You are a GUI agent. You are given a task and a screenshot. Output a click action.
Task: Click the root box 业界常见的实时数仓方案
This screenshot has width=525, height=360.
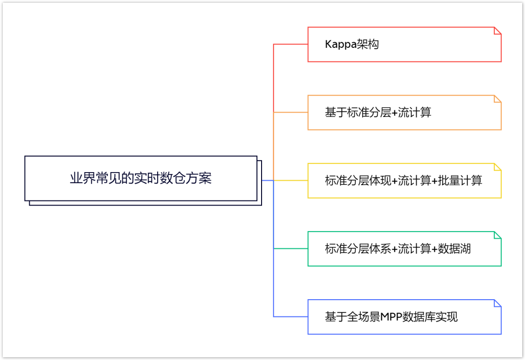[x=141, y=178]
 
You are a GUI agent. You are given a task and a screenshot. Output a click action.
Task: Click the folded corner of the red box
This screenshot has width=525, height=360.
[x=498, y=30]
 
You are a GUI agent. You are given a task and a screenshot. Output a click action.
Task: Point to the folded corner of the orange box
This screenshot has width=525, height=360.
[x=498, y=98]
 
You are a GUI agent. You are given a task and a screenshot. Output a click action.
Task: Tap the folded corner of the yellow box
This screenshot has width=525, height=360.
[x=498, y=167]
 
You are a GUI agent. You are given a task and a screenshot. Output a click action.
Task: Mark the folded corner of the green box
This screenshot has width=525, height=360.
[x=498, y=235]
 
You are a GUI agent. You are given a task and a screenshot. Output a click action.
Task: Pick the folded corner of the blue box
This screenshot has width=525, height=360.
[x=498, y=303]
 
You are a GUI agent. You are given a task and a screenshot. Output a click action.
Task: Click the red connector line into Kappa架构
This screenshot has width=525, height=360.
[x=290, y=44]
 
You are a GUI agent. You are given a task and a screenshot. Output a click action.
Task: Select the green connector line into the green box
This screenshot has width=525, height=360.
[x=290, y=249]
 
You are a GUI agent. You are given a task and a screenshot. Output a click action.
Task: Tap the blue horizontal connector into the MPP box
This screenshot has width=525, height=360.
[x=290, y=317]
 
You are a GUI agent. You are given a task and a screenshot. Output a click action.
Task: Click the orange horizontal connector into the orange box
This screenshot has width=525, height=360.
[x=290, y=112]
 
